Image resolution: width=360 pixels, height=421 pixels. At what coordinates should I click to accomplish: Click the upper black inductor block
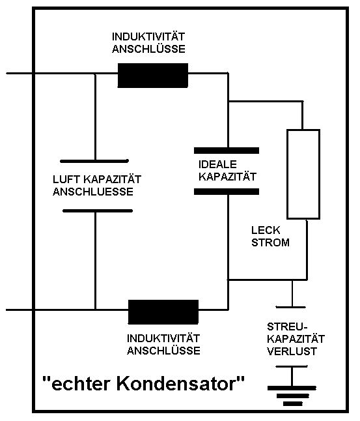[153, 76]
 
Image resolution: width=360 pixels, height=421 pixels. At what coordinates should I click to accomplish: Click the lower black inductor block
[163, 312]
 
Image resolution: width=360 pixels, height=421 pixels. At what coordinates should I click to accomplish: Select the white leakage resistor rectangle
[303, 174]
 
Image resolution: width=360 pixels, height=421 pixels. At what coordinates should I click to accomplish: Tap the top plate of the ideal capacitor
[227, 151]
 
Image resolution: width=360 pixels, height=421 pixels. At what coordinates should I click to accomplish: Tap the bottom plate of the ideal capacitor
[227, 192]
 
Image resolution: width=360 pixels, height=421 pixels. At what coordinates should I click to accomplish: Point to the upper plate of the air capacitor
[94, 161]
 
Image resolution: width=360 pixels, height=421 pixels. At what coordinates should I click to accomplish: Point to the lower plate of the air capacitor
[98, 210]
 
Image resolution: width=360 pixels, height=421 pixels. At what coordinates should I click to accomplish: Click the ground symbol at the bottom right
[292, 396]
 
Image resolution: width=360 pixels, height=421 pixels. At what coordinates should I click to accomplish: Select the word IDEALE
[217, 164]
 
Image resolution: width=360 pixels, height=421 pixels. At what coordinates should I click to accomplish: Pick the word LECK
[266, 230]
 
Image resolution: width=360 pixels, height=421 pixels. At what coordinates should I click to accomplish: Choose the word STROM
[270, 242]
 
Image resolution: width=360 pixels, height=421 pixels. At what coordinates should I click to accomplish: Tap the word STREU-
[287, 327]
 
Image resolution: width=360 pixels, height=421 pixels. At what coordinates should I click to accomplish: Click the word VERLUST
[292, 351]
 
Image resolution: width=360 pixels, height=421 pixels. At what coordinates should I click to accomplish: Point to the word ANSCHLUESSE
[93, 192]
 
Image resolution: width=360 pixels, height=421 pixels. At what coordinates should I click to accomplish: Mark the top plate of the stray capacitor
[290, 307]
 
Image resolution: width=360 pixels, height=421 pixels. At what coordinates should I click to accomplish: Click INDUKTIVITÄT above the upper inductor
[148, 36]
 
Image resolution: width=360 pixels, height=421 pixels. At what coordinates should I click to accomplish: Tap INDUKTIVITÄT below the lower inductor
[163, 338]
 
